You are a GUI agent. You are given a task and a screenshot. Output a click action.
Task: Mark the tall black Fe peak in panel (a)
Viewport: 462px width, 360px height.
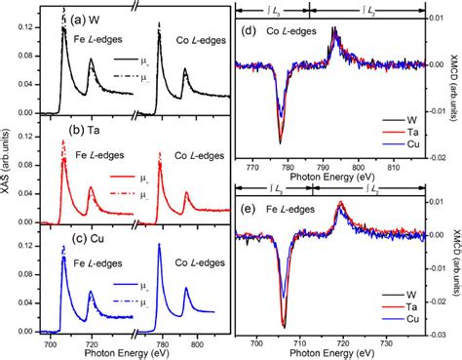63,29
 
